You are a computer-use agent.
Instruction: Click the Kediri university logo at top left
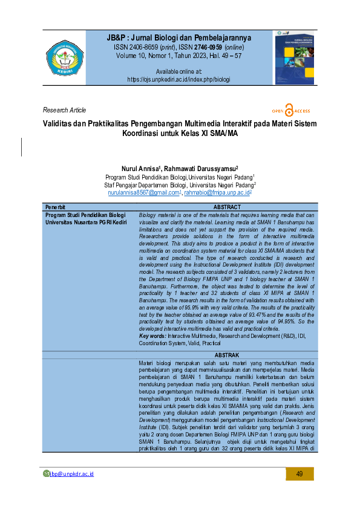click(65, 59)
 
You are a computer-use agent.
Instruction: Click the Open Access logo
click(291, 111)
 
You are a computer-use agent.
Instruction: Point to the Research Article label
click(65, 110)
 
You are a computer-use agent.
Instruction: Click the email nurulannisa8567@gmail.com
click(143, 192)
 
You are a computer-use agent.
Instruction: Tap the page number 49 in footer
click(299, 473)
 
